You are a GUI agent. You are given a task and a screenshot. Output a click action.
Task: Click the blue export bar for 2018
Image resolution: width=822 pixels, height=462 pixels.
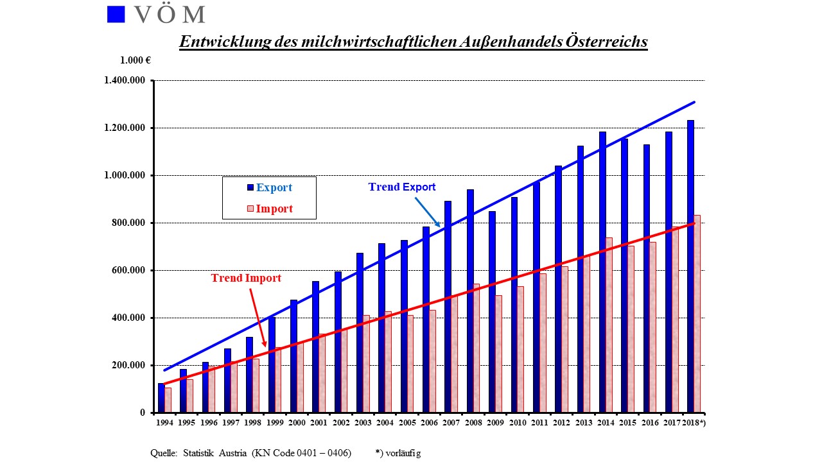690,266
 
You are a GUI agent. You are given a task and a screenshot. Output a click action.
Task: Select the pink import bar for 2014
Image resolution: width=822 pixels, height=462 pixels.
609,325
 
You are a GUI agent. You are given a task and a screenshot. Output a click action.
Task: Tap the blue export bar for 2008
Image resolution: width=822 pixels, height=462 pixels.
470,301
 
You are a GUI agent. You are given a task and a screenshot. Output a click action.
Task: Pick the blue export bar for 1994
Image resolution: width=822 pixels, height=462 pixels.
161,398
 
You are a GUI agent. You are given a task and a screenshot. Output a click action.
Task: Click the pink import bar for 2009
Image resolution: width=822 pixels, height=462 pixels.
498,354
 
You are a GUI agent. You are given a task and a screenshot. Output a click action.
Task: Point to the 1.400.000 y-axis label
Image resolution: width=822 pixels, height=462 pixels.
125,80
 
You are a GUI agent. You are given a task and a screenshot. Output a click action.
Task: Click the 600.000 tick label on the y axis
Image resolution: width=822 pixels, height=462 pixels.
128,270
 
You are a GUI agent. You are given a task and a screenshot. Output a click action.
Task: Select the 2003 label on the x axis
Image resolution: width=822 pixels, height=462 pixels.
363,423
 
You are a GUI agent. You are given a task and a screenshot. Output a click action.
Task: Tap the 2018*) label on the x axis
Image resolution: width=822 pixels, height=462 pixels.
694,423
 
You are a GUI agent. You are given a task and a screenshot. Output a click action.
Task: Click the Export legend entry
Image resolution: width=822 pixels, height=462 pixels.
270,187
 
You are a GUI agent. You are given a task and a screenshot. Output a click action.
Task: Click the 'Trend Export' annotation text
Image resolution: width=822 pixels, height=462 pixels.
402,187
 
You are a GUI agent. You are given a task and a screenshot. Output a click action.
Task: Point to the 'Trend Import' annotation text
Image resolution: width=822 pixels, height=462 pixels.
246,278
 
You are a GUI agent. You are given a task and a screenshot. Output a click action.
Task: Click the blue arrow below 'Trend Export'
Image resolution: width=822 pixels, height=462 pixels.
428,212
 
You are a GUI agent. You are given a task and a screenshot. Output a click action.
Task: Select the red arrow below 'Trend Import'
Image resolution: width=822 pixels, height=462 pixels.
258,318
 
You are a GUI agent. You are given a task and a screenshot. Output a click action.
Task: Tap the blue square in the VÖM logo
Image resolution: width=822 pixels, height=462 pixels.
116,14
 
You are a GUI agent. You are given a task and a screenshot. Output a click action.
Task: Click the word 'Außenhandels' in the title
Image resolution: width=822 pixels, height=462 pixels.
511,42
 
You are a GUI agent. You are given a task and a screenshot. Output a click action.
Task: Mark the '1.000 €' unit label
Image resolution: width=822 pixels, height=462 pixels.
136,60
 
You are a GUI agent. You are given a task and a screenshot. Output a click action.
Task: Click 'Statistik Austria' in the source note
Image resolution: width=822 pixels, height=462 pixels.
214,453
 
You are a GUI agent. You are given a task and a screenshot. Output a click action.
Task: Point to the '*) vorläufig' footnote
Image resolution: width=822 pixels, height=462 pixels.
398,454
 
